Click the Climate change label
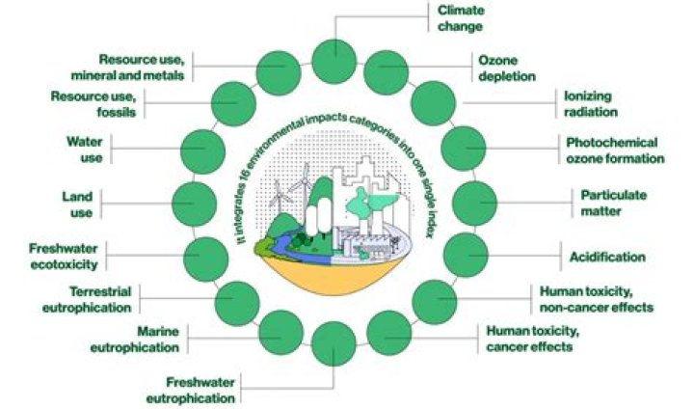[x=461, y=18]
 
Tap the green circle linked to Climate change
[x=334, y=61]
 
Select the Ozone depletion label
[x=507, y=68]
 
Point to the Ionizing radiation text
[x=591, y=103]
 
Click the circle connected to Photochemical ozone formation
[x=464, y=149]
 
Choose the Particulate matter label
[x=613, y=203]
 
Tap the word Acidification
[x=607, y=257]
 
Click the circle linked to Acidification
[x=466, y=256]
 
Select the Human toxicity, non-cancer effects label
[x=597, y=299]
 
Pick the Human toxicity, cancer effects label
[x=532, y=339]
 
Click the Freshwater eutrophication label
[x=191, y=390]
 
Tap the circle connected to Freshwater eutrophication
[x=334, y=343]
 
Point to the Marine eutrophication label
[x=135, y=339]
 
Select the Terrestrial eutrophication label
[x=87, y=300]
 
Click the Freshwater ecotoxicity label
[x=64, y=257]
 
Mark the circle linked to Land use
[x=194, y=204]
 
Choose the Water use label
[x=85, y=150]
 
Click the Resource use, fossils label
[x=93, y=103]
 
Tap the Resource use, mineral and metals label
[x=127, y=67]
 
